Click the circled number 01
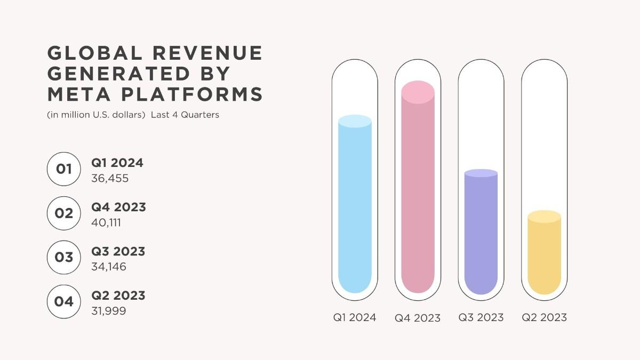pyautogui.click(x=63, y=169)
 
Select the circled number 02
pyautogui.click(x=63, y=213)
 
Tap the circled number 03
pyautogui.click(x=63, y=258)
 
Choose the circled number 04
pyautogui.click(x=63, y=302)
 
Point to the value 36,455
pyautogui.click(x=110, y=179)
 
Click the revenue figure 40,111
pyautogui.click(x=106, y=222)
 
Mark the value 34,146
pyautogui.click(x=109, y=267)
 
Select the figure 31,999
pyautogui.click(x=109, y=311)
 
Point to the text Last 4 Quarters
pyautogui.click(x=185, y=115)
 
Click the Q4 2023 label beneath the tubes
pyautogui.click(x=418, y=318)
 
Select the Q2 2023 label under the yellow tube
pyautogui.click(x=544, y=317)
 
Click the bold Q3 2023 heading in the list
pyautogui.click(x=118, y=251)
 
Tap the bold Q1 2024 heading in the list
pyautogui.click(x=117, y=163)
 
